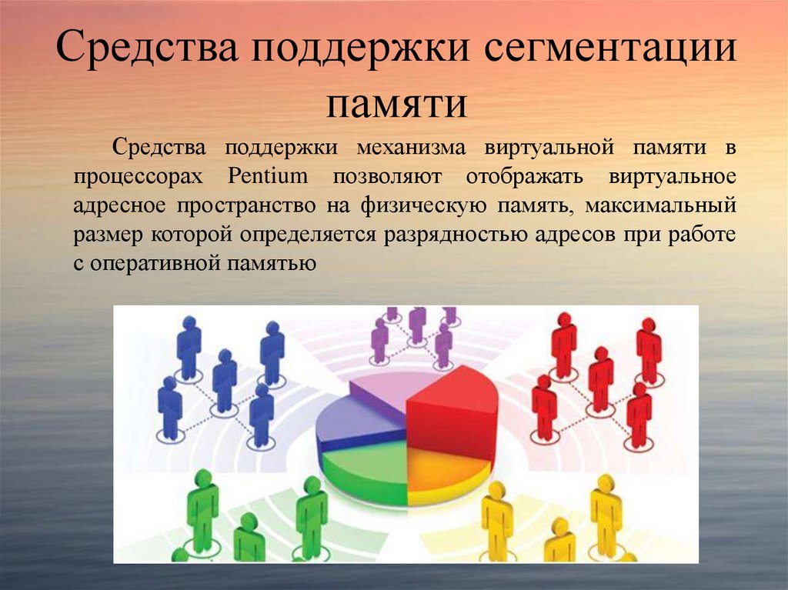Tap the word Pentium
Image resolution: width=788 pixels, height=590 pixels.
268,175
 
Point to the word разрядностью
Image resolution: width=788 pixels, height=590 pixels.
452,235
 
